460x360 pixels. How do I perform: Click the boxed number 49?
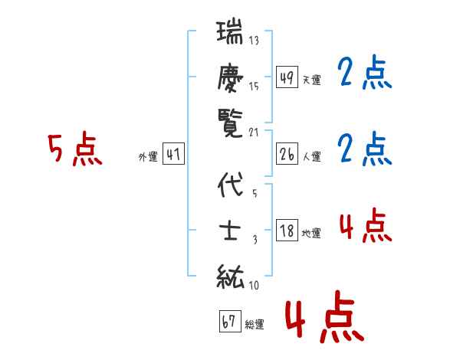(x=287, y=77)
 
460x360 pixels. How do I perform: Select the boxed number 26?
(x=287, y=155)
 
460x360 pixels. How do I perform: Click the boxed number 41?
(x=174, y=155)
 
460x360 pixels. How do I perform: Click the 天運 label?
(x=311, y=80)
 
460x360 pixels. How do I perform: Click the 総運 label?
(x=255, y=324)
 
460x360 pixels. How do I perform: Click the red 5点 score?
(x=74, y=149)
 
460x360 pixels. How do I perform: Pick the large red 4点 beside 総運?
(x=322, y=319)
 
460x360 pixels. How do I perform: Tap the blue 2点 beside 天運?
(x=364, y=74)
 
